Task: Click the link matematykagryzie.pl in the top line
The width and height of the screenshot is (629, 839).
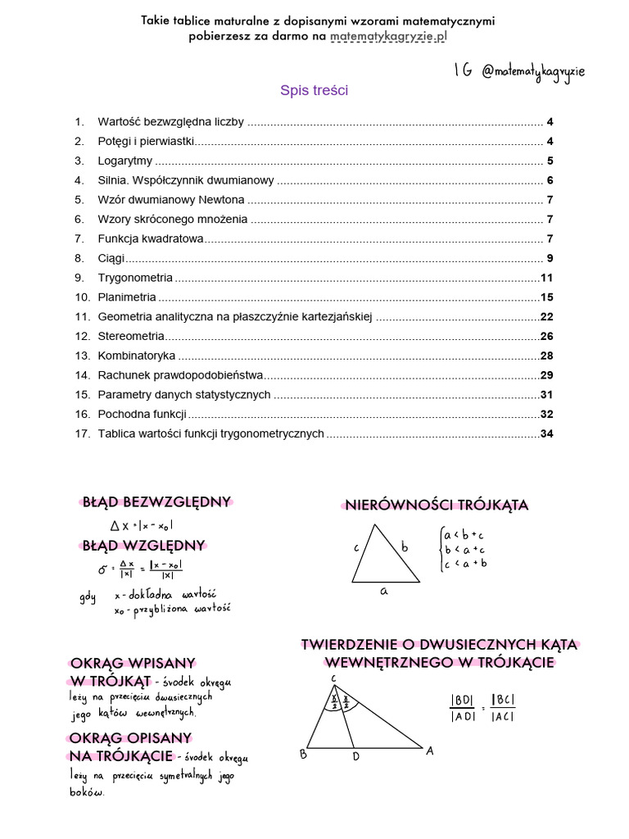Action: [390, 37]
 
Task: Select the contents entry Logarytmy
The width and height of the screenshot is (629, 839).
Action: [124, 161]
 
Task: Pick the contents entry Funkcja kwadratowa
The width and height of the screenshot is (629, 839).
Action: [150, 238]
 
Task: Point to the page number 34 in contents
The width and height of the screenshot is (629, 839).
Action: [547, 433]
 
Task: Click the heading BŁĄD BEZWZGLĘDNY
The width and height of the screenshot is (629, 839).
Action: [157, 502]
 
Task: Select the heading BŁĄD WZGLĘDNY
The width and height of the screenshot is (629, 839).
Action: [143, 546]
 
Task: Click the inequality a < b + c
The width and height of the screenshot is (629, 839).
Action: [464, 535]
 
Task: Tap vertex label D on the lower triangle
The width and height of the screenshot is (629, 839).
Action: [356, 756]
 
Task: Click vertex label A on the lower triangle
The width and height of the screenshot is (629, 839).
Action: [429, 751]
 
